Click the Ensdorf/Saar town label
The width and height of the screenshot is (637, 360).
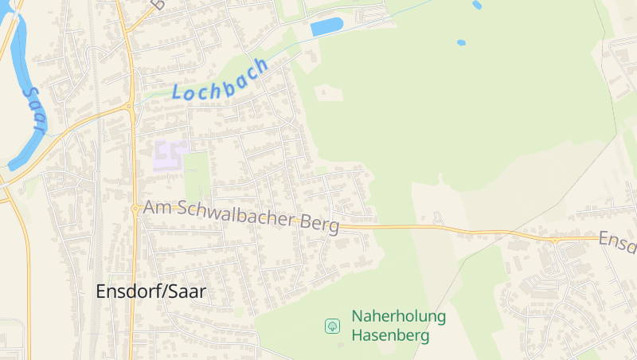[150, 292]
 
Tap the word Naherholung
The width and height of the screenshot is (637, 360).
[398, 317]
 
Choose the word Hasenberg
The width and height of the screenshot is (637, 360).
[390, 335]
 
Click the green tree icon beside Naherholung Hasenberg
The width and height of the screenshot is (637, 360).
[332, 326]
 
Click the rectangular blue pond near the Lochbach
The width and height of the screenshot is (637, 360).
[326, 27]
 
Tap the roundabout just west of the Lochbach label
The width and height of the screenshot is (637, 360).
[129, 105]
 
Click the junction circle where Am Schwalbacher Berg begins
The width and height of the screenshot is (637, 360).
[135, 208]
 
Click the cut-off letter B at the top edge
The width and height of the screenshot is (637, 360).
[158, 4]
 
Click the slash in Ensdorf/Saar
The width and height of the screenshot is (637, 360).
[162, 292]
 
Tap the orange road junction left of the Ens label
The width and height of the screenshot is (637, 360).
[555, 238]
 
